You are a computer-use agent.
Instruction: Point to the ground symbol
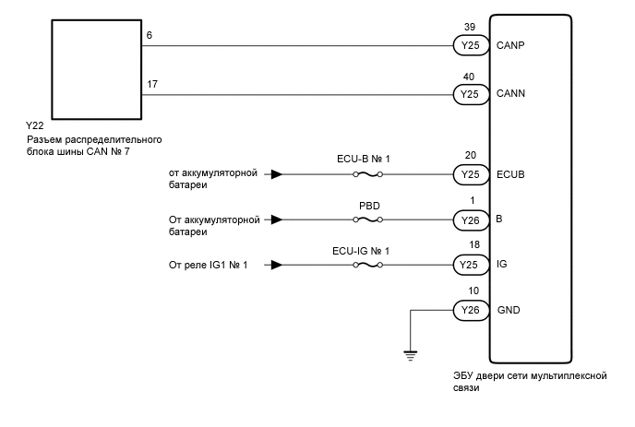(x=410, y=356)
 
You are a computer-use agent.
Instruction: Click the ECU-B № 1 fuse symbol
(x=367, y=174)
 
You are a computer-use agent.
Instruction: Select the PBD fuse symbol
(x=367, y=219)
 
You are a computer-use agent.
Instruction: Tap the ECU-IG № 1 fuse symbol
(x=367, y=265)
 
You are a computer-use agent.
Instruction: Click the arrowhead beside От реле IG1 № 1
(x=277, y=265)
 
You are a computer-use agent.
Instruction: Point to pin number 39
(x=470, y=27)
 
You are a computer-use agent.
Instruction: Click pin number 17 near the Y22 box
(x=152, y=84)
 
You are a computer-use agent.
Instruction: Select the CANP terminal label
(x=510, y=45)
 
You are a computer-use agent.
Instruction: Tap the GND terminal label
(x=509, y=311)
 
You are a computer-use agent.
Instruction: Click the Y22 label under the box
(x=34, y=125)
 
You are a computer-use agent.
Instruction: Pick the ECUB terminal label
(x=510, y=175)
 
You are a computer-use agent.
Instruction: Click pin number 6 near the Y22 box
(x=149, y=36)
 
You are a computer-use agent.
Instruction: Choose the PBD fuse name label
(x=369, y=206)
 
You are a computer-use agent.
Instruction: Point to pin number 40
(x=469, y=77)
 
